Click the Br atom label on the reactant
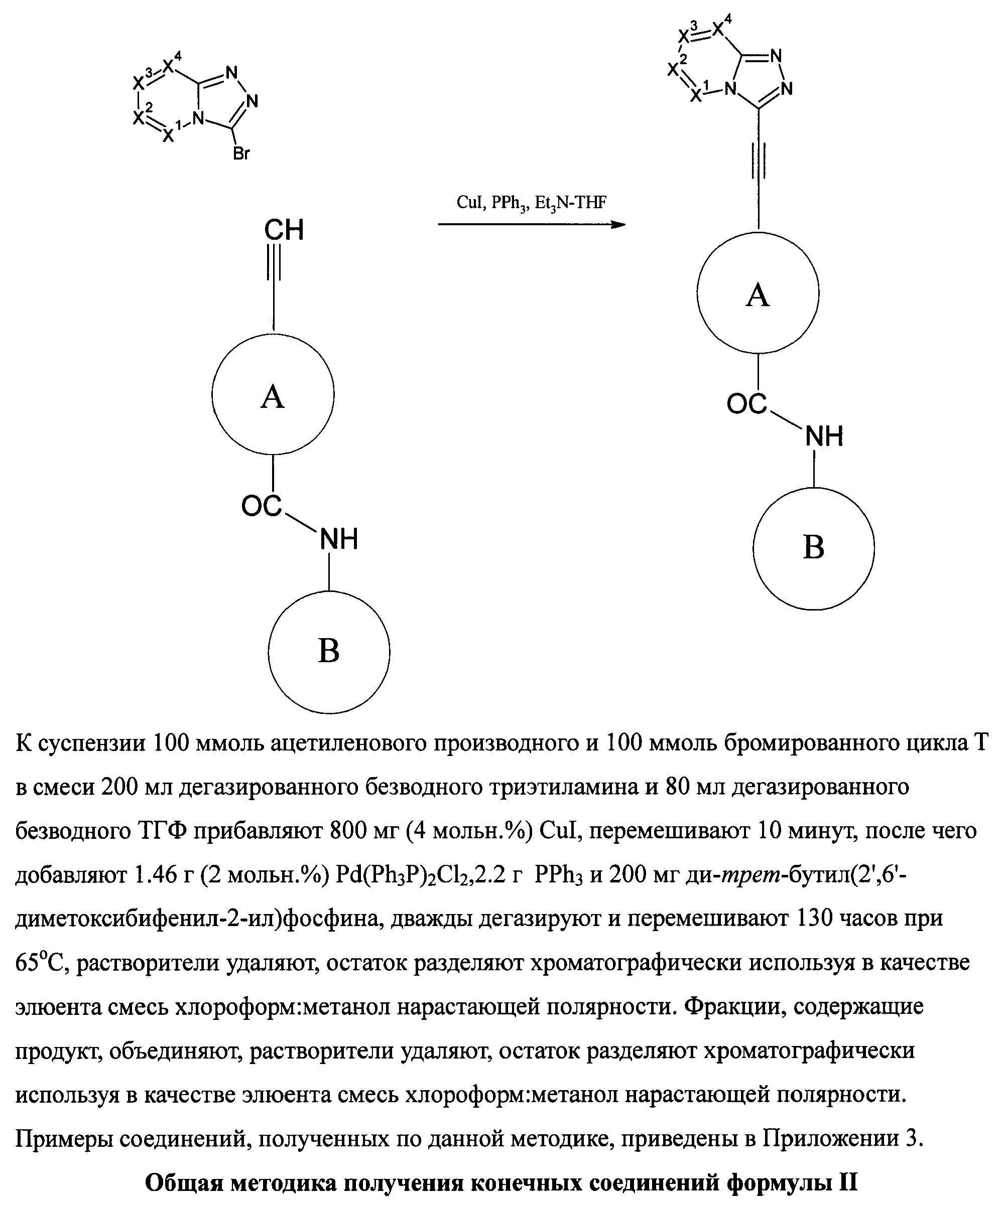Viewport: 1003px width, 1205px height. point(241,154)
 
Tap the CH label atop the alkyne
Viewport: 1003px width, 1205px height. point(284,230)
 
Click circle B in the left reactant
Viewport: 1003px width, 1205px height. point(328,651)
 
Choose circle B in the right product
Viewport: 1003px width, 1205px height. point(814,548)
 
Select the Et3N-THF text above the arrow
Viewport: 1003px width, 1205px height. point(570,203)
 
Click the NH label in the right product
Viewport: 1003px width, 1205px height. point(824,437)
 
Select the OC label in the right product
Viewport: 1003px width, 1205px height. point(746,404)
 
